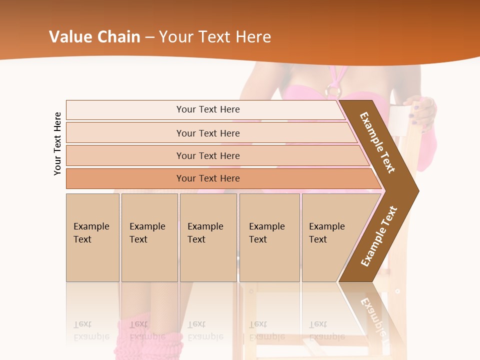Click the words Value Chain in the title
(94, 37)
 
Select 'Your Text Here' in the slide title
(214, 37)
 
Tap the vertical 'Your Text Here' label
(57, 144)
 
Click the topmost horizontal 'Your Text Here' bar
(208, 109)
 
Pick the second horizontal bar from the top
(208, 133)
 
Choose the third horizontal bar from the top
(208, 155)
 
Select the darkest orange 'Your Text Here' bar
(208, 178)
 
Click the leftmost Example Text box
(92, 237)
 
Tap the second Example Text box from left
(149, 237)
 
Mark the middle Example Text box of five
(208, 237)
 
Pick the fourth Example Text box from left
(269, 237)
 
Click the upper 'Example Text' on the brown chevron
(377, 142)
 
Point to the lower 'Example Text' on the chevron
(379, 236)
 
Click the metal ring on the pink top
(333, 91)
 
